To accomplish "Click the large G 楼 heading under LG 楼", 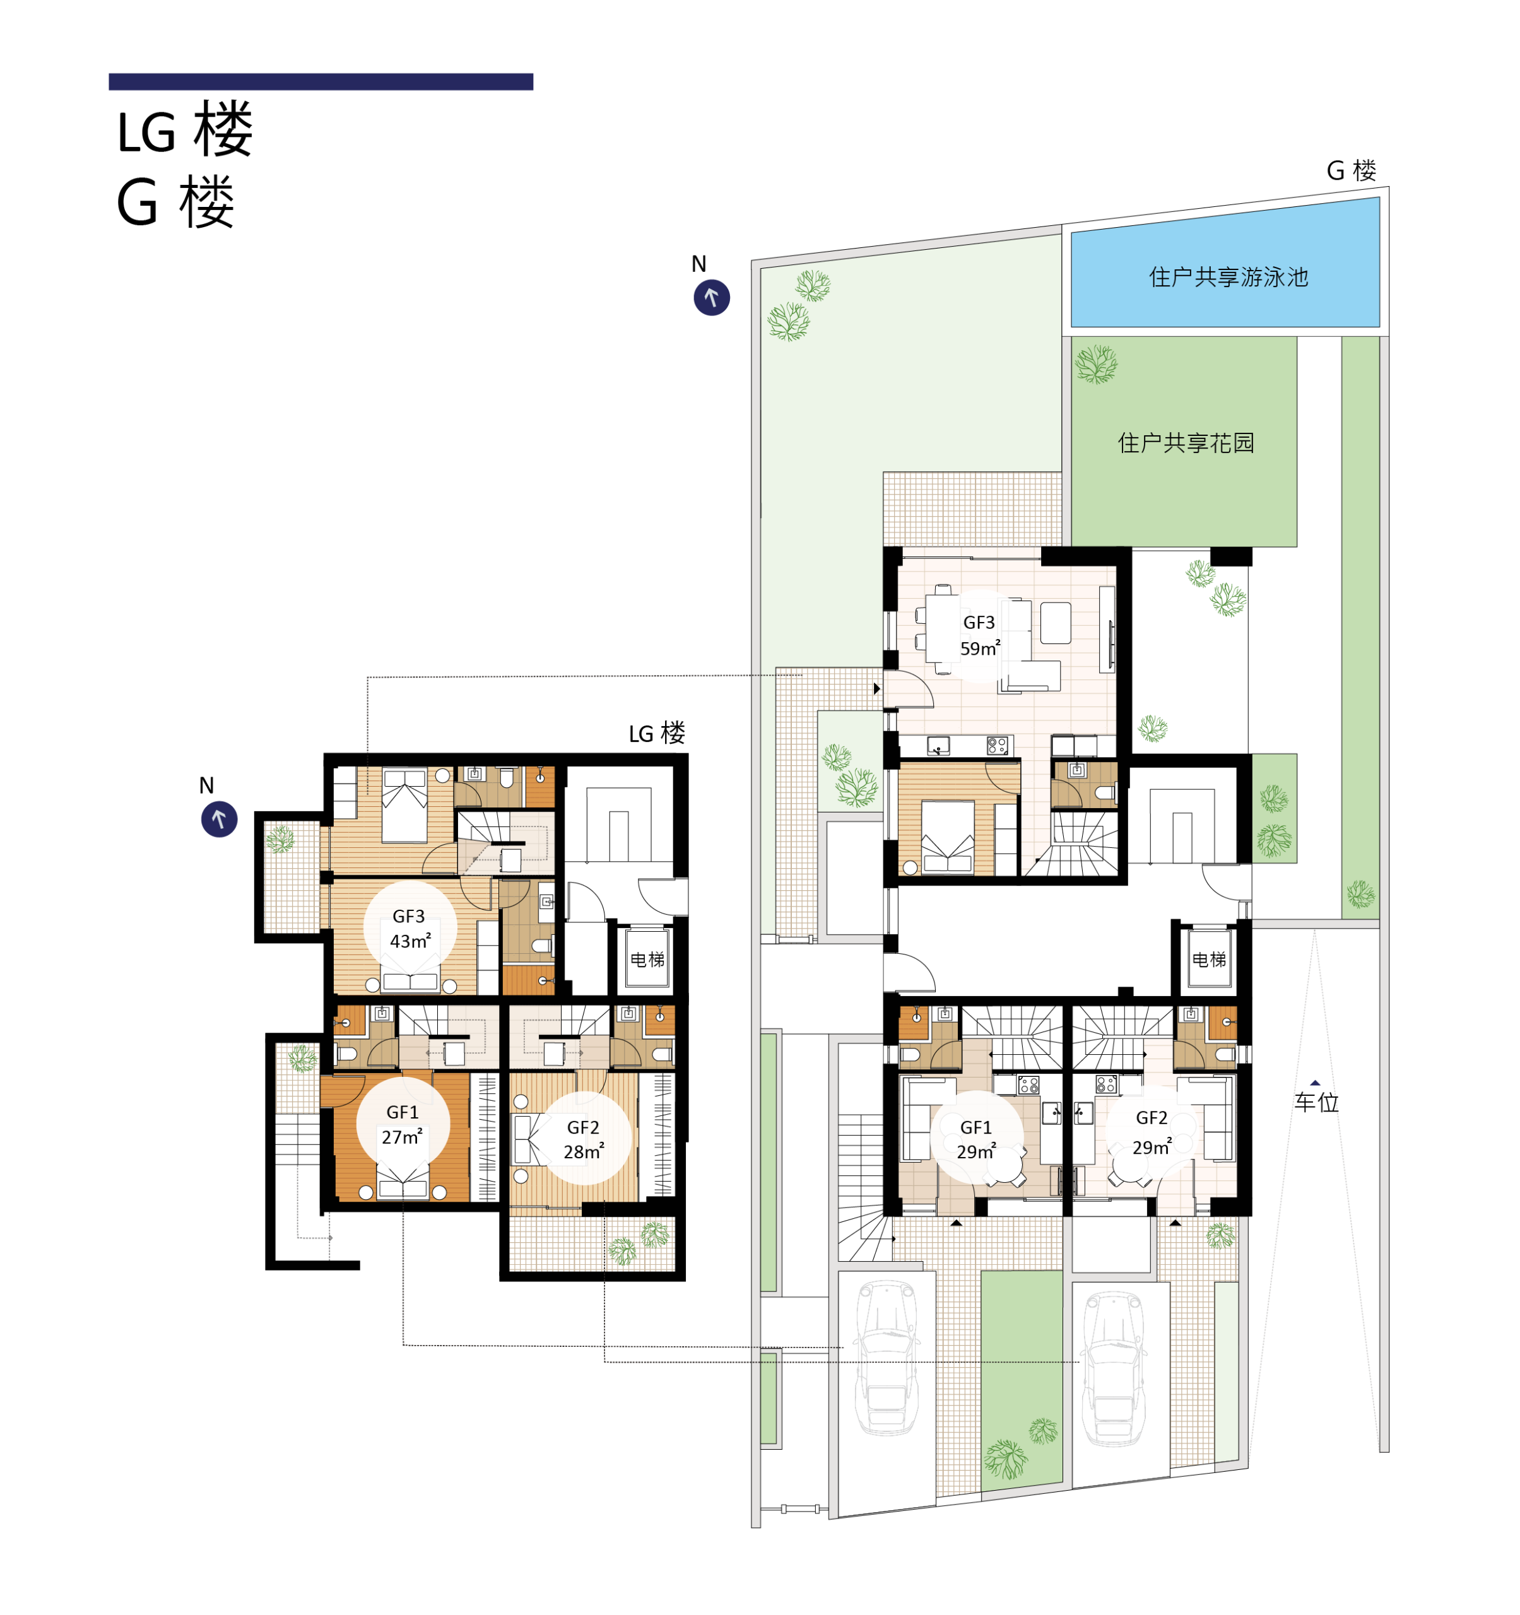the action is [175, 203].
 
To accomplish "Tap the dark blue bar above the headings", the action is [321, 81].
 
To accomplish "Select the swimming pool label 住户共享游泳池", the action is [1228, 277].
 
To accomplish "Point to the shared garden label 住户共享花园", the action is [1186, 443].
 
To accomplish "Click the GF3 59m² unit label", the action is [980, 635].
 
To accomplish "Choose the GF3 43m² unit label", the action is [409, 929].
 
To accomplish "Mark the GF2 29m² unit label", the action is [1152, 1132].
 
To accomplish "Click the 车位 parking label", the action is [1316, 1102].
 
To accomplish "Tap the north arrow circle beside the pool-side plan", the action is [712, 297].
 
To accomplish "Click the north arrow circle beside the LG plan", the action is [220, 819].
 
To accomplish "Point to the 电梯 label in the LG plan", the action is [647, 960].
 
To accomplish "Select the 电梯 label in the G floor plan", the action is [1209, 960].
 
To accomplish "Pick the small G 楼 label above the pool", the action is [1351, 170].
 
